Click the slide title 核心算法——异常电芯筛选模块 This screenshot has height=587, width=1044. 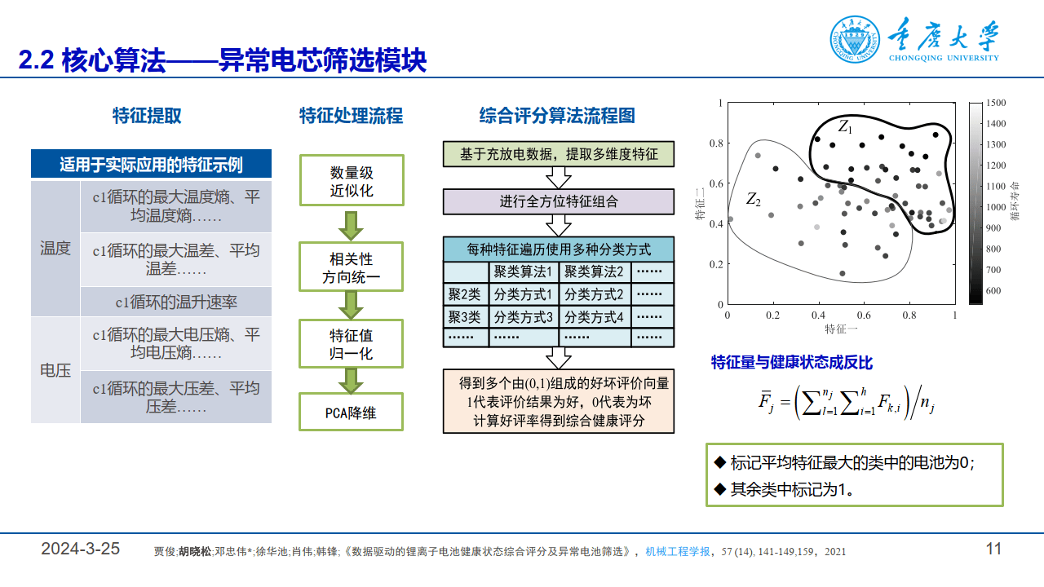click(223, 60)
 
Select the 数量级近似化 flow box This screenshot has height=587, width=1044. click(352, 182)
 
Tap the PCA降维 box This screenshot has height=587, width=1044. click(352, 413)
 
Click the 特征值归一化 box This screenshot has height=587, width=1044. click(352, 344)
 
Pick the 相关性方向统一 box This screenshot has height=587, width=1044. click(352, 269)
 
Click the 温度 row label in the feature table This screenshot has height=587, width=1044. click(55, 249)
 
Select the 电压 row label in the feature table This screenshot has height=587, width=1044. click(55, 370)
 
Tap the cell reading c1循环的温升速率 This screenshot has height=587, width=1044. click(176, 302)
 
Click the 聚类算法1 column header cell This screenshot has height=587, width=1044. click(523, 271)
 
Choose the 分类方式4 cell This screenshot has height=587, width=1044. click(594, 316)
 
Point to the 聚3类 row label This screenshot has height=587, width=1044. click(465, 316)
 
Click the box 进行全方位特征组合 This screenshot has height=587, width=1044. click(559, 201)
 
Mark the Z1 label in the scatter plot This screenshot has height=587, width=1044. click(845, 127)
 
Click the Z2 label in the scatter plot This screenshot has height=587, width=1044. click(753, 199)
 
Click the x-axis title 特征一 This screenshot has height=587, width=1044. click(840, 329)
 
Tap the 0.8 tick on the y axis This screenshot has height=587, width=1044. click(715, 143)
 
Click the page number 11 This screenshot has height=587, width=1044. click(993, 549)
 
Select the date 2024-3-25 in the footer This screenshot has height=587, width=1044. click(81, 549)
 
